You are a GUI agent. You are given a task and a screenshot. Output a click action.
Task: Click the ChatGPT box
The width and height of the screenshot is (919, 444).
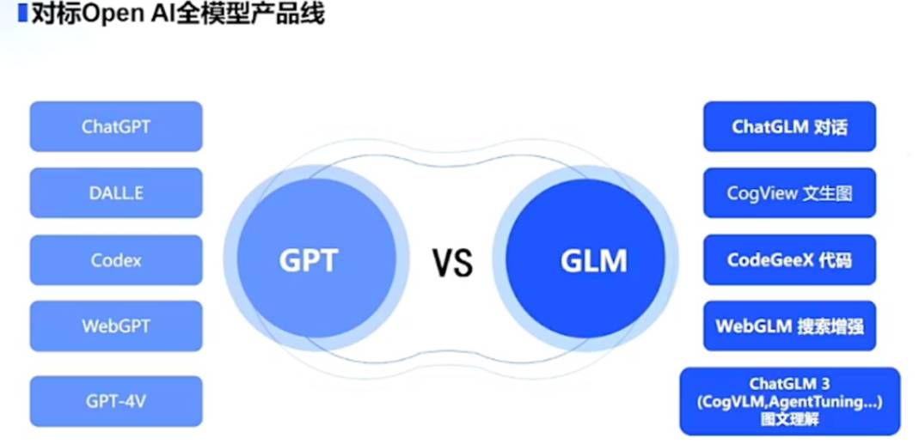click(116, 126)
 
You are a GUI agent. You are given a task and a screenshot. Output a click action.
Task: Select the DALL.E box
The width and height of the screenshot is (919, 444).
click(116, 192)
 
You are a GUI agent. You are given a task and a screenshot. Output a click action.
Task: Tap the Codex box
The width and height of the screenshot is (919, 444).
click(116, 259)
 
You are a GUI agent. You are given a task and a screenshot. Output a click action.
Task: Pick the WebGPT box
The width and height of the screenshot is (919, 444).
click(116, 325)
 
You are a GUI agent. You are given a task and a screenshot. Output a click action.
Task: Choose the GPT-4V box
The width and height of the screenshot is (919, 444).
click(116, 401)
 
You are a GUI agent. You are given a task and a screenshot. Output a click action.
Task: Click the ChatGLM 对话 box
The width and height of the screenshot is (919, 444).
click(789, 126)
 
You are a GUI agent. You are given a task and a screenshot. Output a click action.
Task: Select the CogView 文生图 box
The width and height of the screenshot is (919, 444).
click(789, 192)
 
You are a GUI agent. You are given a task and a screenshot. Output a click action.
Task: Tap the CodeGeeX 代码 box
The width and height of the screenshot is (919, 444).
click(789, 259)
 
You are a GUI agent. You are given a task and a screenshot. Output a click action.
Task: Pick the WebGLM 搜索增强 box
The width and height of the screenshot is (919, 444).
click(789, 325)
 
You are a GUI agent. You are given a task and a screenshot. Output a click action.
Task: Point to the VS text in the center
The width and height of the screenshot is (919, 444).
click(452, 262)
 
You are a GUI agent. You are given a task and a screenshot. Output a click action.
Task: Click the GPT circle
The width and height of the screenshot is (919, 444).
click(308, 259)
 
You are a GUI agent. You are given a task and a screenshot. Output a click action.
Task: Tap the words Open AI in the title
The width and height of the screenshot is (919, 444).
click(119, 15)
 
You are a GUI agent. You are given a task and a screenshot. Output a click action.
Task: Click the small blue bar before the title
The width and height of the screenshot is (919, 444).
click(22, 15)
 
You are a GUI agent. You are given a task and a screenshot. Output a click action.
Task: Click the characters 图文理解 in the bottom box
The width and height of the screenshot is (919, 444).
click(789, 420)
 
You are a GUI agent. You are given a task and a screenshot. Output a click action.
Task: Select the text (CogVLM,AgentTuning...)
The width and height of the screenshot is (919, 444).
click(789, 401)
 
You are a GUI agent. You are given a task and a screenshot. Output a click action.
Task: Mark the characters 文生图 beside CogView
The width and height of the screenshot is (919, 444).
click(826, 193)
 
